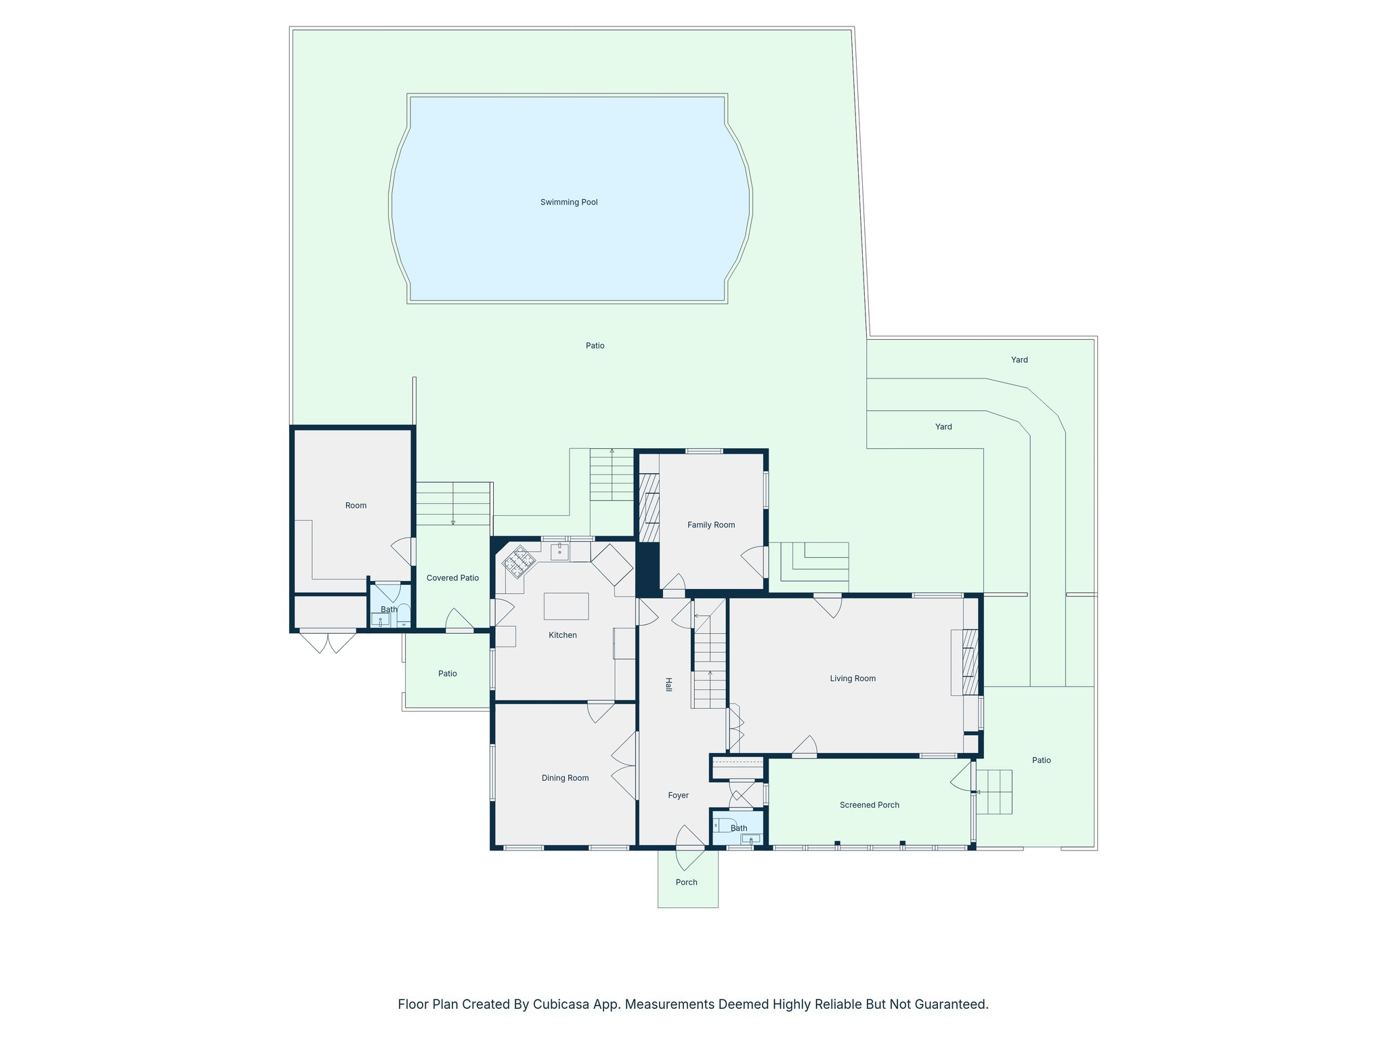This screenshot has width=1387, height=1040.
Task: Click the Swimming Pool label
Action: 569,202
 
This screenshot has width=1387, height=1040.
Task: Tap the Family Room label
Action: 710,525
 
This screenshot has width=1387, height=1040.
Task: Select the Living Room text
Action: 853,678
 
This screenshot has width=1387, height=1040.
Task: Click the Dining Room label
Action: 565,778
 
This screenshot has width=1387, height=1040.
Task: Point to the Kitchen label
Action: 562,635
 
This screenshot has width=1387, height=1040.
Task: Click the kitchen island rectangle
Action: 566,606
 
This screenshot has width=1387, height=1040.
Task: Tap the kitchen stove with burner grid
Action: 519,562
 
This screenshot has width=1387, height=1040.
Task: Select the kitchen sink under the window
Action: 559,552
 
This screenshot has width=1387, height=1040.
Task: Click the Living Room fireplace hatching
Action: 970,662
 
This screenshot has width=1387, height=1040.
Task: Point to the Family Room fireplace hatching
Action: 650,508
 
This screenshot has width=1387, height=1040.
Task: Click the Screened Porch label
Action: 870,805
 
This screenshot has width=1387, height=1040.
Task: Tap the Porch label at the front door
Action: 686,882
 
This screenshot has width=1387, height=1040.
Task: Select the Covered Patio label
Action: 452,578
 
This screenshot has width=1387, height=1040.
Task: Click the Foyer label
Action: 678,796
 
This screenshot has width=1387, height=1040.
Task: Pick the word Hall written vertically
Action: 668,685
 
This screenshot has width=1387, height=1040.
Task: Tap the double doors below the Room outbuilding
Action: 328,641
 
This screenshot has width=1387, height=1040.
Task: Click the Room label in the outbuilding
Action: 356,505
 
